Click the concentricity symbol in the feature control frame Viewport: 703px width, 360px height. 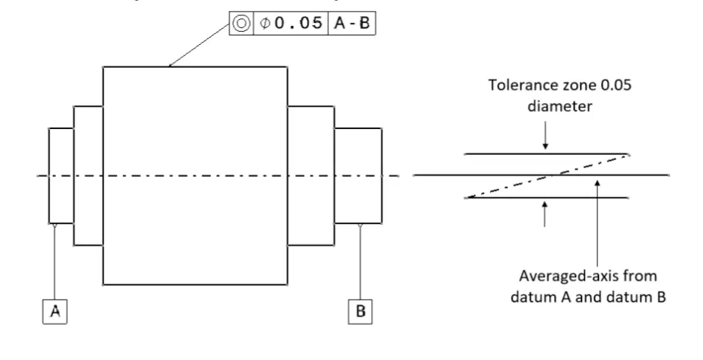click(x=241, y=24)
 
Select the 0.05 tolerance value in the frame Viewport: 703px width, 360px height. click(x=298, y=23)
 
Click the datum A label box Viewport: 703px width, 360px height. click(x=55, y=311)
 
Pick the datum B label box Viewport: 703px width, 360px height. click(x=361, y=311)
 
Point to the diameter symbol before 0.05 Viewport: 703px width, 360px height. click(x=265, y=24)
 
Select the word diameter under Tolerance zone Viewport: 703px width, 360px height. click(x=560, y=106)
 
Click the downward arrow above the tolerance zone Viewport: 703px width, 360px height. click(x=545, y=135)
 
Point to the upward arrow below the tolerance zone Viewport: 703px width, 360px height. click(x=544, y=214)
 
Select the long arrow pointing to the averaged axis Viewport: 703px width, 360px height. click(x=598, y=224)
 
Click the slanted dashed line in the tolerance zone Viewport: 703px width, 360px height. click(x=547, y=176)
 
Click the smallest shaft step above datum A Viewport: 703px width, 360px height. click(x=61, y=176)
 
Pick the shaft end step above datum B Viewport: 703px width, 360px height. click(x=359, y=176)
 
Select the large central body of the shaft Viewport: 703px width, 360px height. click(x=195, y=176)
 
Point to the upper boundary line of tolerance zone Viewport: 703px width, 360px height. click(x=546, y=153)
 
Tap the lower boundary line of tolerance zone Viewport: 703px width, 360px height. click(x=546, y=198)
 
